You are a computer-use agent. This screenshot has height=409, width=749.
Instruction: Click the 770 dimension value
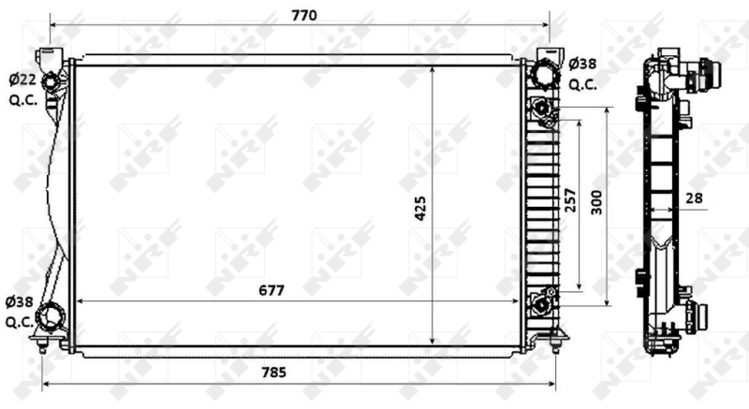pyautogui.click(x=304, y=15)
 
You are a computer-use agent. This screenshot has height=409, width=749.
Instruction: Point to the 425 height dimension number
pyautogui.click(x=420, y=208)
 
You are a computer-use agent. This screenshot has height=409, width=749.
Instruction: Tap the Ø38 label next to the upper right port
pyautogui.click(x=582, y=65)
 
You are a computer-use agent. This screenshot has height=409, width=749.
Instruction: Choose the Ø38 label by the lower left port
pyautogui.click(x=19, y=301)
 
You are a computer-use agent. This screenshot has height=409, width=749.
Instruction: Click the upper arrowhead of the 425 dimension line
pyautogui.click(x=432, y=70)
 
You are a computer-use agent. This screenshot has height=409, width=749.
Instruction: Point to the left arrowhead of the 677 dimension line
pyautogui.click(x=79, y=301)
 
